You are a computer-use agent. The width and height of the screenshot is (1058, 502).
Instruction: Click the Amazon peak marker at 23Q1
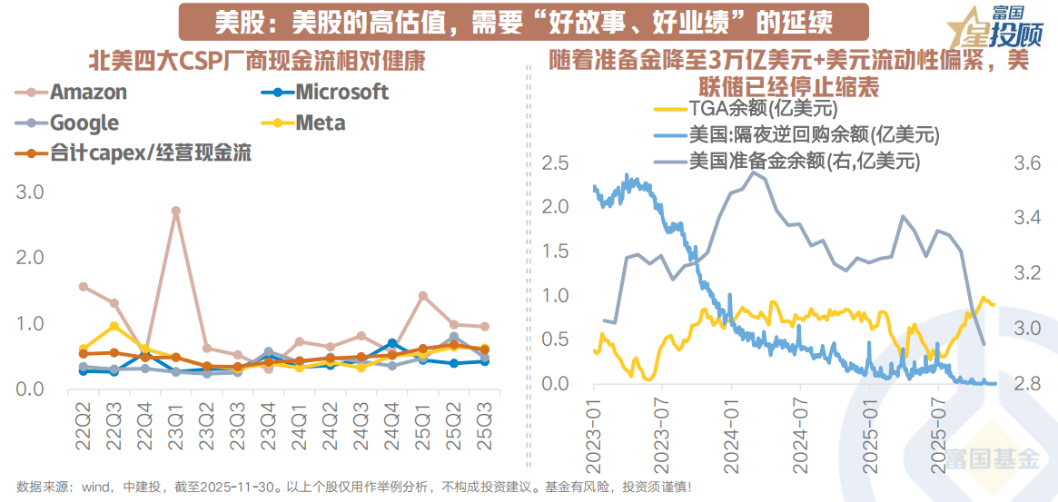coord(176,211)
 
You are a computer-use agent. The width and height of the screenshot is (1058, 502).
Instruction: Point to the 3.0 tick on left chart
coord(30,192)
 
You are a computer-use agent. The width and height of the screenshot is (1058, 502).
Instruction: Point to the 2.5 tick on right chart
coord(556,162)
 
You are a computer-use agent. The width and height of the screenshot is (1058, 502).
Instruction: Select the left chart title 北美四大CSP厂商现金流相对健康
coord(257,61)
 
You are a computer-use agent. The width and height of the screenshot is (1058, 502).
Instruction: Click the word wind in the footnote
coord(94,487)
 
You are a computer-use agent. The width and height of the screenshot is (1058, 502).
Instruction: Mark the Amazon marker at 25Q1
coord(423,296)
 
